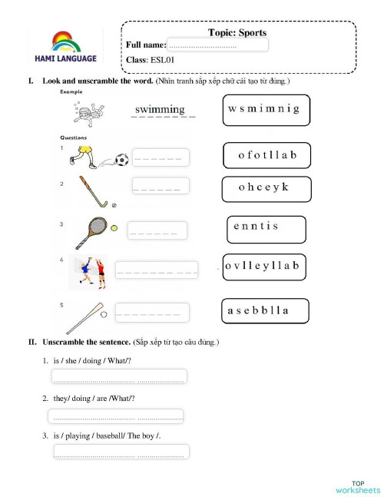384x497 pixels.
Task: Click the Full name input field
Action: coord(217,45)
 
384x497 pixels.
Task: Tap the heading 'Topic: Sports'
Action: coord(237,32)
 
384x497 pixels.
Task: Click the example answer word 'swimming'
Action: coord(159,110)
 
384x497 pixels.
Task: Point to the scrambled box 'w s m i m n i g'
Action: coord(263,110)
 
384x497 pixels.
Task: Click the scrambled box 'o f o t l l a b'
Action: coord(266,155)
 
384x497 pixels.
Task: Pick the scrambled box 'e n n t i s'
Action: coord(266,228)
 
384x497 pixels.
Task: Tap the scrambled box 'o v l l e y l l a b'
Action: coord(265,267)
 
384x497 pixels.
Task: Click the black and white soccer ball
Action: coord(121,161)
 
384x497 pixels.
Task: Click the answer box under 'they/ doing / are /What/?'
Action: coord(116,416)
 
